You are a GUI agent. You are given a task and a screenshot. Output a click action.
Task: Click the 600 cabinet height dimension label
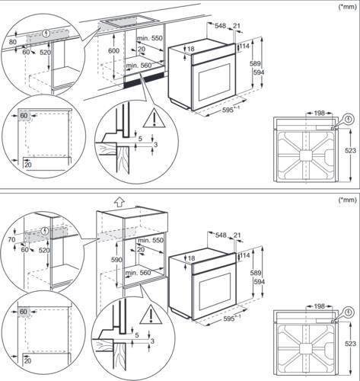tap(113, 51)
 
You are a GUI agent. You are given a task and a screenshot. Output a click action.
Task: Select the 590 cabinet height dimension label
tap(116, 260)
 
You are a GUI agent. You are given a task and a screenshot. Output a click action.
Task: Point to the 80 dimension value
tap(13, 42)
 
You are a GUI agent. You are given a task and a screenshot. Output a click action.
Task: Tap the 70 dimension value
tap(12, 239)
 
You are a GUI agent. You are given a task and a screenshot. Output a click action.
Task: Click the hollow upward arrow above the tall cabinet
tap(119, 202)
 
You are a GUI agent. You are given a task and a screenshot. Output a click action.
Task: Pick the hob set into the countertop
tap(129, 22)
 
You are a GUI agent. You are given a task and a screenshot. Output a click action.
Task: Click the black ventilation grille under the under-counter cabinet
tap(144, 80)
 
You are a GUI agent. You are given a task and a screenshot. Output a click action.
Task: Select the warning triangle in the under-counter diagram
tap(155, 118)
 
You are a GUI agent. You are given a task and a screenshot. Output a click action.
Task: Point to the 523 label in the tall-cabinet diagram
tap(350, 344)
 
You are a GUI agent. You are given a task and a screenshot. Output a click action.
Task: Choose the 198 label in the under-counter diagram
tap(319, 113)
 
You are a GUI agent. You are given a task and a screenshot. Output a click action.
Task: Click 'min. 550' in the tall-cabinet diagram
tap(151, 240)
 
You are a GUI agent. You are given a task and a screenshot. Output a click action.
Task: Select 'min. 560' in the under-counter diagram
tap(139, 66)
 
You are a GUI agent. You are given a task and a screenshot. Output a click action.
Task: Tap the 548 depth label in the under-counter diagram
tap(221, 26)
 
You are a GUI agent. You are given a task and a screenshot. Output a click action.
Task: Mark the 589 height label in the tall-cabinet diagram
tap(256, 273)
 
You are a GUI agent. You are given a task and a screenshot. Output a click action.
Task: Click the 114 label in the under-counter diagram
tap(244, 46)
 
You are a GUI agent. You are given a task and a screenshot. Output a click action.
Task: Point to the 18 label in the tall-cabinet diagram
tap(191, 258)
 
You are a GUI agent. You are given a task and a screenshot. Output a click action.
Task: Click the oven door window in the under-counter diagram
tap(214, 82)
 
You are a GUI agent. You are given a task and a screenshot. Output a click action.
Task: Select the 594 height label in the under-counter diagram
tap(259, 72)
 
